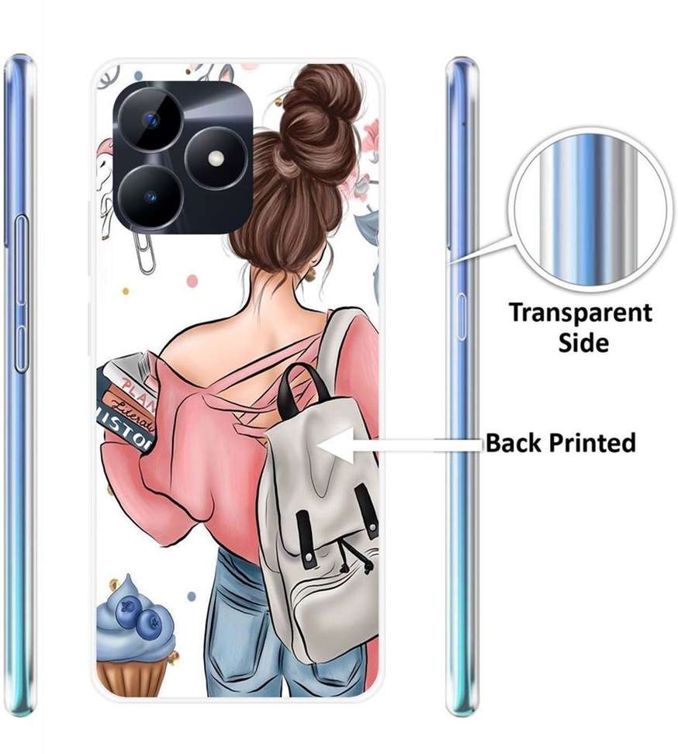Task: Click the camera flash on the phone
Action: tap(216, 158)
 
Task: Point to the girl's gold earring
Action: tap(311, 275)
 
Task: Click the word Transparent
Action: tap(580, 313)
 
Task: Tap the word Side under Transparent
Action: tap(584, 342)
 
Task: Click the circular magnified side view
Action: tap(590, 209)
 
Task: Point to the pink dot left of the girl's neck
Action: tap(192, 281)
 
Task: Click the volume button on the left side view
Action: tap(19, 240)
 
